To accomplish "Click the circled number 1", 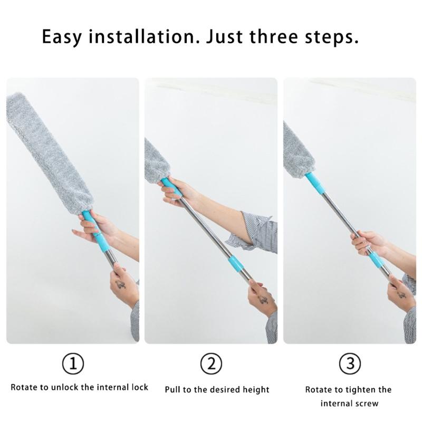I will (x=73, y=363).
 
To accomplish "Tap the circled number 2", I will (x=211, y=363).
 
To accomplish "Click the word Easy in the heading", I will (x=63, y=37).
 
